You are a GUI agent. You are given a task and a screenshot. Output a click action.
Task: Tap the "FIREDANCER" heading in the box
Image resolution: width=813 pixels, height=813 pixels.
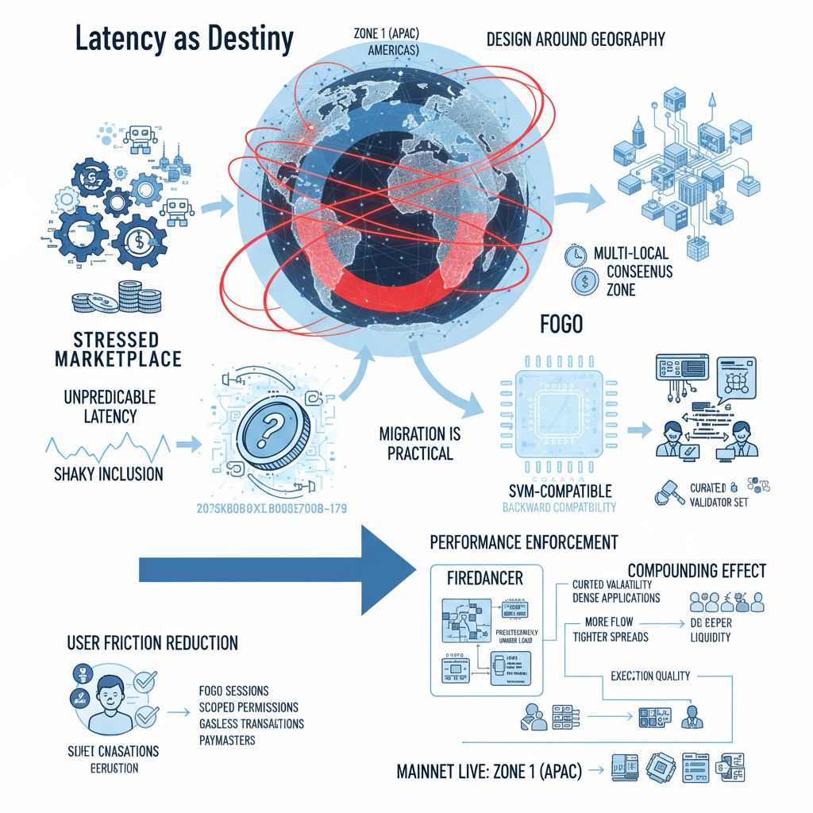tap(485, 578)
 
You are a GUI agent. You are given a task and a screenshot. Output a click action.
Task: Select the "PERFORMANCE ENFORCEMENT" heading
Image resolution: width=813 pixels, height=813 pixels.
tap(523, 543)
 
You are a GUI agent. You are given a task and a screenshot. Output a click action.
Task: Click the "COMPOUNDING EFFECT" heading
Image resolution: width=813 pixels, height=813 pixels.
tap(696, 570)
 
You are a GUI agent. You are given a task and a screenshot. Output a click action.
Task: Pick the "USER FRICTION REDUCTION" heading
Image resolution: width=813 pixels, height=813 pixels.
tap(152, 642)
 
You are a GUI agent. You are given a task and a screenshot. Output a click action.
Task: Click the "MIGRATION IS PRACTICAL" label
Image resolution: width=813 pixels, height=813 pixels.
tap(420, 444)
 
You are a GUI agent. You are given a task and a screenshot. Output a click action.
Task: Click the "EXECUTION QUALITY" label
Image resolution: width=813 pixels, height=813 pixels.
tap(650, 676)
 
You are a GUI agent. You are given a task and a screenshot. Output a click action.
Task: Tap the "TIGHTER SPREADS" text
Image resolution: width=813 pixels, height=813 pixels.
tap(610, 637)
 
